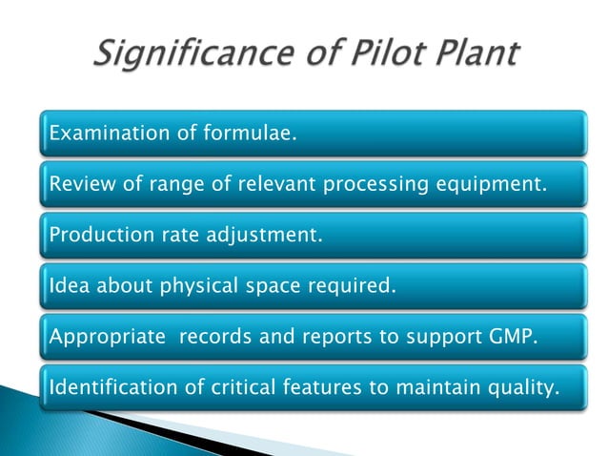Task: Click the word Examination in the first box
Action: (109, 134)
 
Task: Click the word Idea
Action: (65, 286)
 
